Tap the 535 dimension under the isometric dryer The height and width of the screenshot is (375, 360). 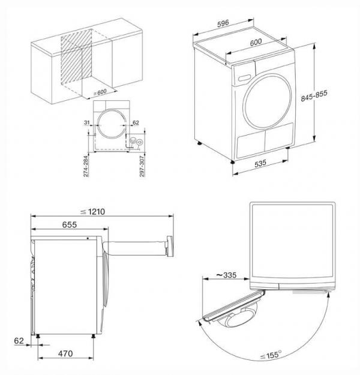(259, 163)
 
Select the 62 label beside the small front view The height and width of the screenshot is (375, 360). (135, 122)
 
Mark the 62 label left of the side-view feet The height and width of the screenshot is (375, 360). (20, 340)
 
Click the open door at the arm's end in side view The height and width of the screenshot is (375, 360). (172, 245)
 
